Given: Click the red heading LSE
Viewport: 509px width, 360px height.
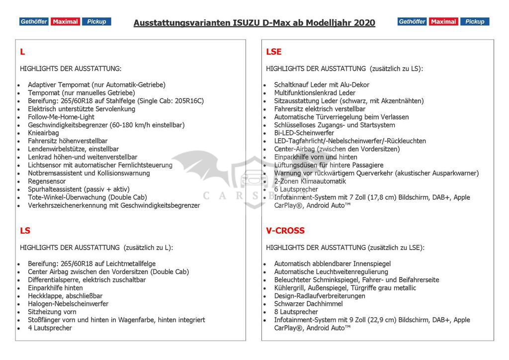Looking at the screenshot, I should tap(273, 52).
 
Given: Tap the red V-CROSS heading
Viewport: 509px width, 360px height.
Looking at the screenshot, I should tap(285, 231).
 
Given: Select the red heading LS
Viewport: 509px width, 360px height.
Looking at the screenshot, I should tap(25, 231).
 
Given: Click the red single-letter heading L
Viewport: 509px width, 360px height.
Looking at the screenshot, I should tap(22, 52).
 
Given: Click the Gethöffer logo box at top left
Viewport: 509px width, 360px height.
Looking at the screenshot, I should tap(34, 21).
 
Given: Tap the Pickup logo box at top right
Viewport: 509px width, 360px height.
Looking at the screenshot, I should tap(475, 21).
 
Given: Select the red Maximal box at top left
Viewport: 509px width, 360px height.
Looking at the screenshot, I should tap(65, 21).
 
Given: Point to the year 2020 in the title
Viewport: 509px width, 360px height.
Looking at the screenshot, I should tap(364, 23).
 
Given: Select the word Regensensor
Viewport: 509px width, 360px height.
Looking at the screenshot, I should tap(47, 181).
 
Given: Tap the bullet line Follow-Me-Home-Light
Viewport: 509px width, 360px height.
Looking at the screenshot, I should tap(61, 117).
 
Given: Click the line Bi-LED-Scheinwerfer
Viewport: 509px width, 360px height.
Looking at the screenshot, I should tap(304, 133).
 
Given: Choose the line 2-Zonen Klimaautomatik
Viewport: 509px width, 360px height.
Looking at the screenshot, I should tap(310, 181).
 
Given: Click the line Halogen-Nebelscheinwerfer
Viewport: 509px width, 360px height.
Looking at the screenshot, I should tap(68, 304).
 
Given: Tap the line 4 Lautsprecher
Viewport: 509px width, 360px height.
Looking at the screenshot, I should tap(50, 328).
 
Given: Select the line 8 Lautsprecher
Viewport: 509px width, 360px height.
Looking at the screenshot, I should tap(296, 312).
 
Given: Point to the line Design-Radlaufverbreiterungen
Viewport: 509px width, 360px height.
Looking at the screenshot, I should tap(320, 296).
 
